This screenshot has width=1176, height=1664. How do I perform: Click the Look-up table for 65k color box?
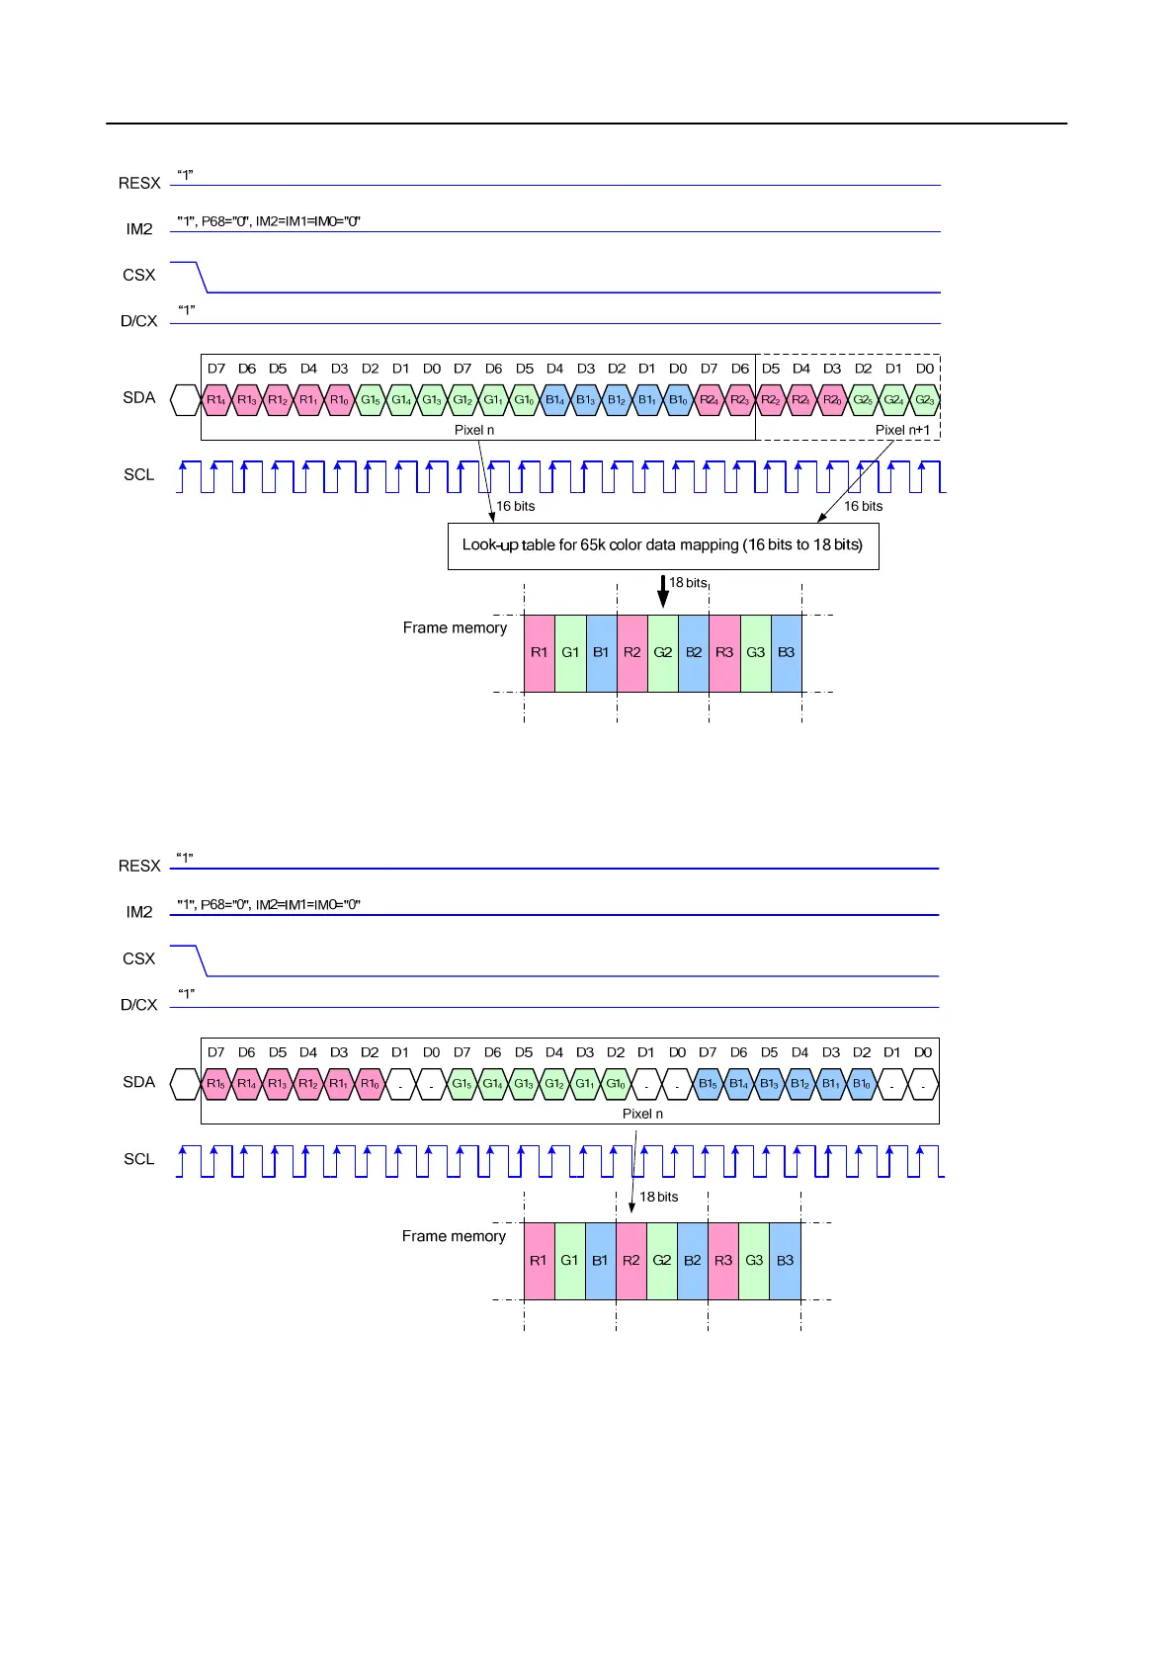click(x=663, y=545)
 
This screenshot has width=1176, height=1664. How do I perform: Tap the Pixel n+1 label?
click(x=902, y=430)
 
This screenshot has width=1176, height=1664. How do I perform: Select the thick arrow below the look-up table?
click(x=663, y=592)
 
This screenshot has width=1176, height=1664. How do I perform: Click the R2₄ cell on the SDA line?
click(x=709, y=400)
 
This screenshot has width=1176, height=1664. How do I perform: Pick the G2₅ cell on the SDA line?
click(x=863, y=400)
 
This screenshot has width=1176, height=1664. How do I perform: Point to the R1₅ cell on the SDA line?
click(x=215, y=1084)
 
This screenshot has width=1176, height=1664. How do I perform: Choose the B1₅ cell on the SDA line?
click(x=708, y=1084)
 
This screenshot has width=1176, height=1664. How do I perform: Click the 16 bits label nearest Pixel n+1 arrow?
click(x=863, y=506)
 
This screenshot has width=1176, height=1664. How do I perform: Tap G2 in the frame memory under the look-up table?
click(x=663, y=652)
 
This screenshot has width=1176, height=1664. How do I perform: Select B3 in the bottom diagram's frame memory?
click(x=785, y=1261)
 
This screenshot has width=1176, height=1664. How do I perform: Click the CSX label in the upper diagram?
click(x=138, y=275)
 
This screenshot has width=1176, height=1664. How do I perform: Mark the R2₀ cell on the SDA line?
click(x=832, y=400)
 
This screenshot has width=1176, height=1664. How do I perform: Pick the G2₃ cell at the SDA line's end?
click(x=924, y=400)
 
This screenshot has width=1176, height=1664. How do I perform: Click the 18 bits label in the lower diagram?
click(x=659, y=1197)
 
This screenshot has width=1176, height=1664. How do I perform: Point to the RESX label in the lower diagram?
click(x=138, y=866)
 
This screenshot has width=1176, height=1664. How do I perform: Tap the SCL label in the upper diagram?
click(x=138, y=474)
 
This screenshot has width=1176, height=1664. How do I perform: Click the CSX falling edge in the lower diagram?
click(x=202, y=960)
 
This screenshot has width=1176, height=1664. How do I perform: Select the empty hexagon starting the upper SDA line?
click(x=185, y=400)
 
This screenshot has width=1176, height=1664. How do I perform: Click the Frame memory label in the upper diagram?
click(x=455, y=627)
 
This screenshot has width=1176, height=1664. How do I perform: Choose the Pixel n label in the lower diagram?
click(x=642, y=1114)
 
